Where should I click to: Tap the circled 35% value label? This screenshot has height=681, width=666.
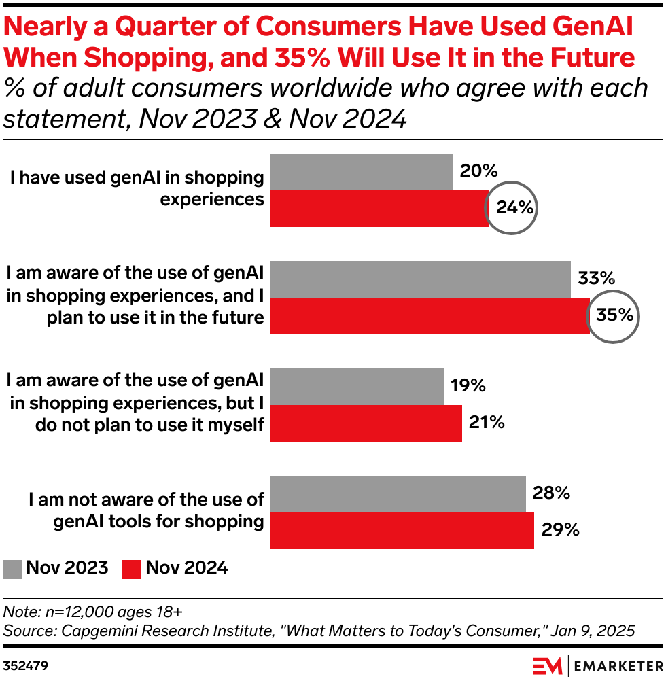[x=614, y=315]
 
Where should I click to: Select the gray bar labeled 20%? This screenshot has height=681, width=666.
[x=362, y=172]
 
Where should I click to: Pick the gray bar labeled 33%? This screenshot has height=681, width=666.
[x=421, y=279]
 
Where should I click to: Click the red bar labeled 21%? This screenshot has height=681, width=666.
[x=366, y=423]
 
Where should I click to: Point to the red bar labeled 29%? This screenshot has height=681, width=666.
[x=402, y=530]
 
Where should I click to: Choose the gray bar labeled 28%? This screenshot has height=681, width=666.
[x=398, y=494]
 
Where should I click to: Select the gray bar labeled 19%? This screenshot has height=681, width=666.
[x=357, y=387]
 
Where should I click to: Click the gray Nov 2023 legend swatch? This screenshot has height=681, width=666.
[x=12, y=569]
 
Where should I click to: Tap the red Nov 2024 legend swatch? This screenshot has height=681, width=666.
[x=132, y=569]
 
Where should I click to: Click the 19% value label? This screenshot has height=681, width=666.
[x=468, y=386]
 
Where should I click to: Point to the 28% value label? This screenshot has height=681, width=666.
[x=551, y=493]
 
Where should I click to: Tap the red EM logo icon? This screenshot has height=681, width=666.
[x=547, y=665]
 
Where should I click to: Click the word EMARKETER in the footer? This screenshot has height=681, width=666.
[x=618, y=665]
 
